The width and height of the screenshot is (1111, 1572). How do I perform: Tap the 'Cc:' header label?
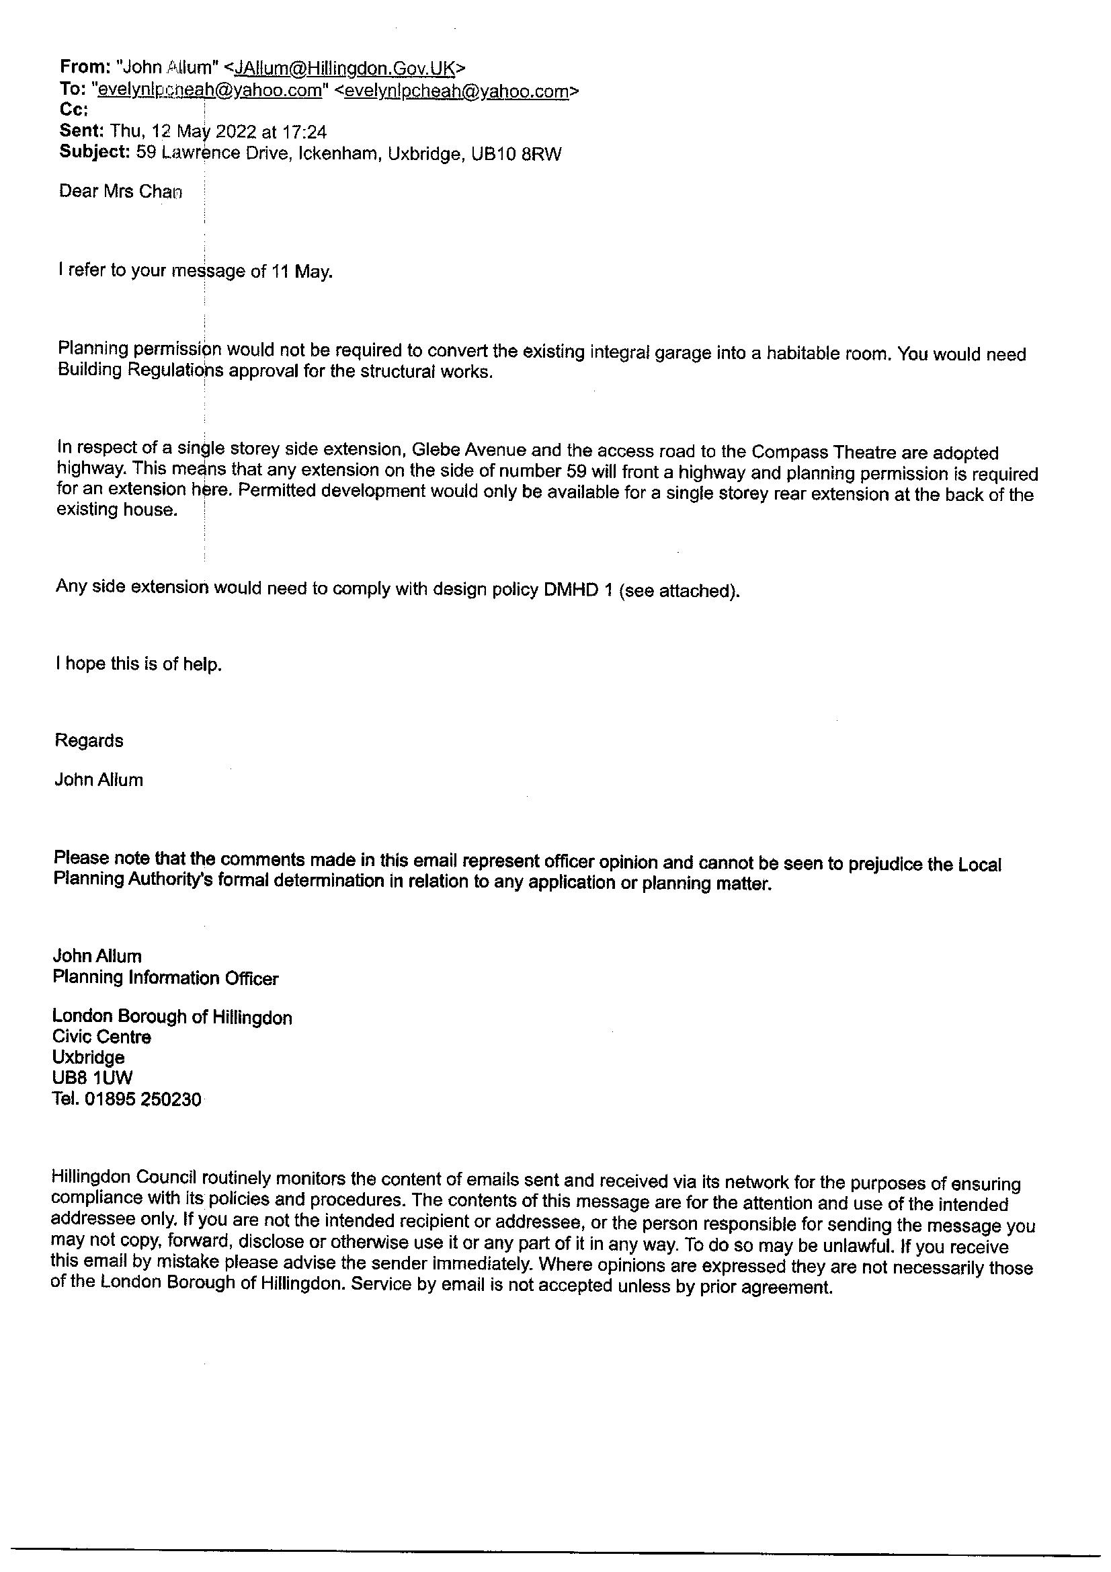(73, 110)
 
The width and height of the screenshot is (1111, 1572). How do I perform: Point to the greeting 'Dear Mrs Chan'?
(120, 191)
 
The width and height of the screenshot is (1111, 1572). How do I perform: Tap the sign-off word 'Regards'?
(89, 741)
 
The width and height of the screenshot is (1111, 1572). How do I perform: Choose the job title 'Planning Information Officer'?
(165, 978)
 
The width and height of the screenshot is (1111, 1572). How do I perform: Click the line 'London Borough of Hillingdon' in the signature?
(173, 1017)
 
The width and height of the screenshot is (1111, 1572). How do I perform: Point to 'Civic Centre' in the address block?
(102, 1037)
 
